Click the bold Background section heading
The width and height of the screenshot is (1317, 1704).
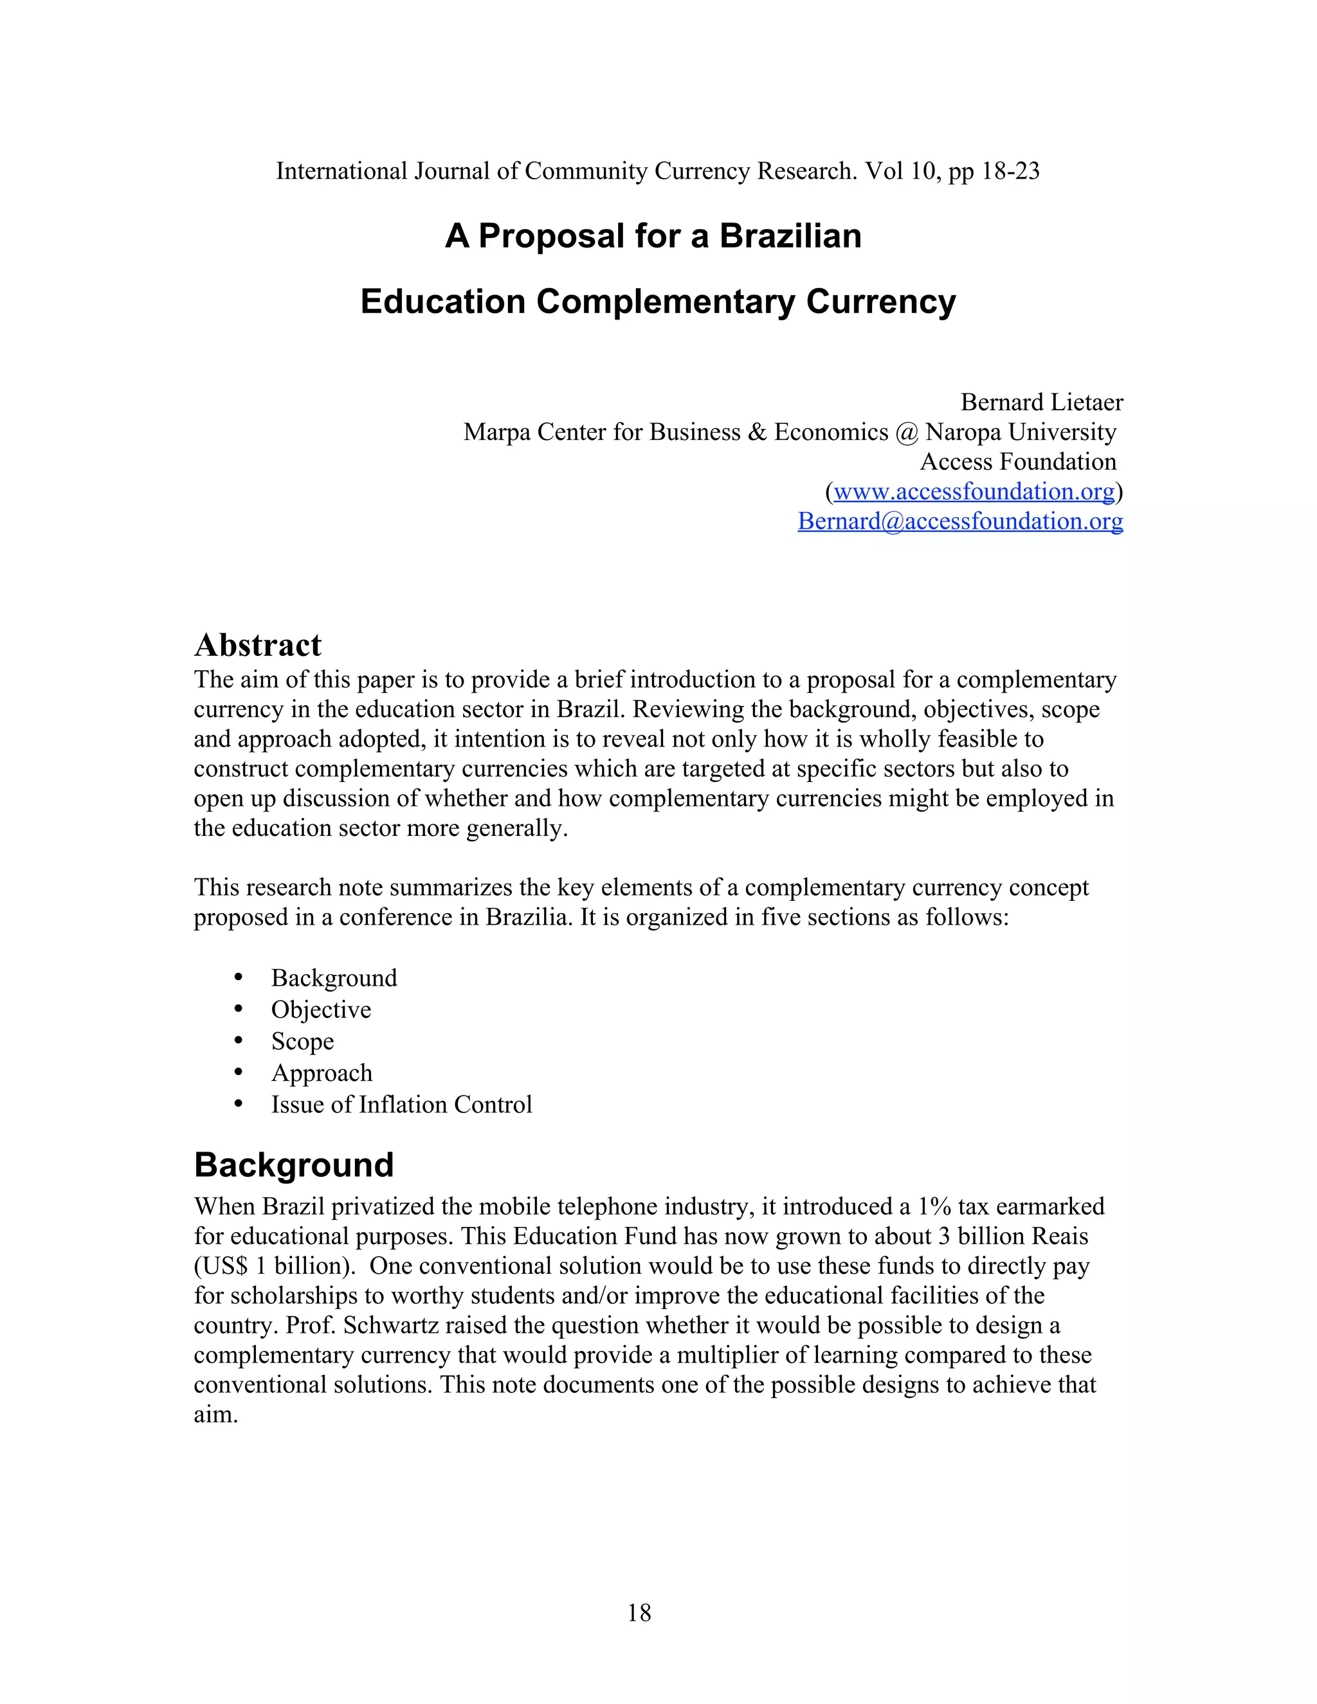tap(294, 1165)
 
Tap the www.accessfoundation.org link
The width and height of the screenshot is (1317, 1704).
tap(974, 491)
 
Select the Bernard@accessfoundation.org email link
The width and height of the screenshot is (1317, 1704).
tap(959, 521)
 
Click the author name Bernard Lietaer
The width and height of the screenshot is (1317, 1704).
tap(1041, 403)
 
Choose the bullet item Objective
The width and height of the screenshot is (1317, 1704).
tap(321, 1010)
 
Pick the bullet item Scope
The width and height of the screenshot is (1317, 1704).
tap(302, 1042)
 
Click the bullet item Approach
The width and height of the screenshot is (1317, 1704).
tap(322, 1073)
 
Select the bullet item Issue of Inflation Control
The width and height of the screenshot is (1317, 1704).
tap(401, 1105)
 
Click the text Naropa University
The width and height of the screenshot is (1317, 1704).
tap(1021, 432)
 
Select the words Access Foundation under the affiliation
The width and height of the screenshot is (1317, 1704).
tap(1017, 462)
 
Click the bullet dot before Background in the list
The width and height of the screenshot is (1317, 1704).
tap(239, 977)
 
